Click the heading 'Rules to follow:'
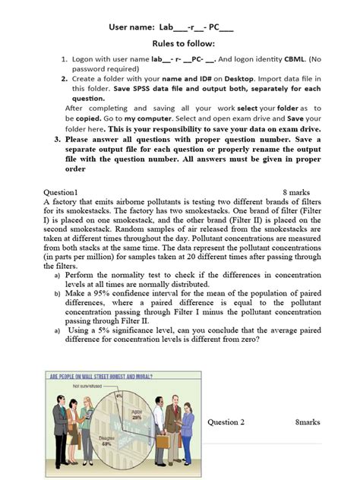pyautogui.click(x=180, y=44)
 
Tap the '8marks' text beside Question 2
pyautogui.click(x=308, y=422)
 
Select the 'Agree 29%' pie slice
pyautogui.click(x=137, y=415)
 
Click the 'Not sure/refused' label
pyautogui.click(x=88, y=386)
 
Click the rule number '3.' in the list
pyautogui.click(x=58, y=141)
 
